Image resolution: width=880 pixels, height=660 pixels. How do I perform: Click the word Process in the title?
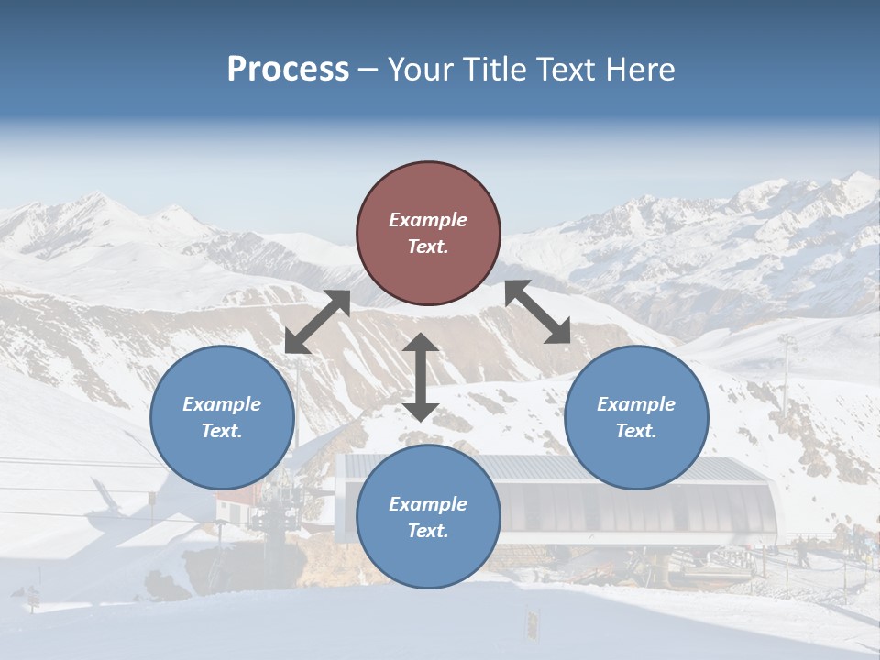(288, 70)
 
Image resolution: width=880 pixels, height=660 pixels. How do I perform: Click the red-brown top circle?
(428, 234)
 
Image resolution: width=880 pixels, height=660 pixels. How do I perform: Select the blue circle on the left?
(222, 417)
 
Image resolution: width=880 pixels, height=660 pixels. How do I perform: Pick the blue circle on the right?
(636, 417)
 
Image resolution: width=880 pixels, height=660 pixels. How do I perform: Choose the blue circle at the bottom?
(428, 517)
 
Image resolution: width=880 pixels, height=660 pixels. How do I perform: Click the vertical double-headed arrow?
(421, 378)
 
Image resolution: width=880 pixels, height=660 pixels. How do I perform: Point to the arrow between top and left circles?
(317, 321)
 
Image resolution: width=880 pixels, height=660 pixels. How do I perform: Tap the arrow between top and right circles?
(537, 312)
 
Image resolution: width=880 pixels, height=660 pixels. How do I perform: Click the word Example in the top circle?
(428, 220)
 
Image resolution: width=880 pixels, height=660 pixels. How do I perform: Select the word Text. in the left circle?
(222, 431)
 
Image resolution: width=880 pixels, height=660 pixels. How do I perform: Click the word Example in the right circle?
(636, 404)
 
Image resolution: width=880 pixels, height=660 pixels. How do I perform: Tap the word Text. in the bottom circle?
(428, 531)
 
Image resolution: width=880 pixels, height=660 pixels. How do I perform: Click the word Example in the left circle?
(222, 404)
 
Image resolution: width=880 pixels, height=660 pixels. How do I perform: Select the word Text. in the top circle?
(428, 247)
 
